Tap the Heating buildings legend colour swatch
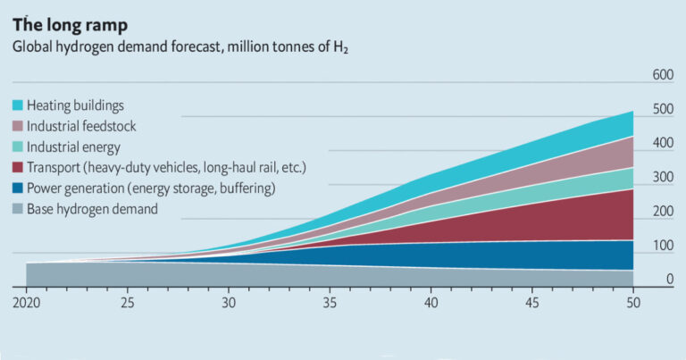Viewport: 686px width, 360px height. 18,105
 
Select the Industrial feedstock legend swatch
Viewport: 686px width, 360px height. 18,126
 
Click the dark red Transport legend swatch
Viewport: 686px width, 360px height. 18,167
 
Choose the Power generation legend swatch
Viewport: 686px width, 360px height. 18,188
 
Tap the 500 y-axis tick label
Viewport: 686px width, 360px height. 661,109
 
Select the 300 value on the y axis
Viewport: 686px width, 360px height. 661,178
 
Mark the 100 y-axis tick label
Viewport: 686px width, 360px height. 661,247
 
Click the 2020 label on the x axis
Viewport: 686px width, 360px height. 27,302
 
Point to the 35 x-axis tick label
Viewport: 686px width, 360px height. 330,302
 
